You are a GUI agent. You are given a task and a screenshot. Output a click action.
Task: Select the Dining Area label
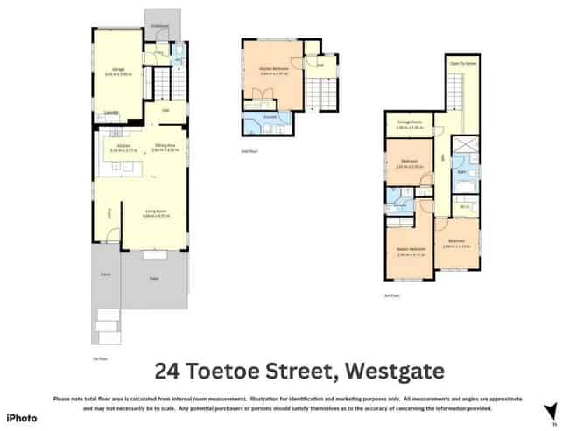coord(165,146)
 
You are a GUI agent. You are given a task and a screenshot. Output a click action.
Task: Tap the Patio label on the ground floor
coord(153,278)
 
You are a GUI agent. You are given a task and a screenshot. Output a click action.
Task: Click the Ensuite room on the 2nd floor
coord(271,116)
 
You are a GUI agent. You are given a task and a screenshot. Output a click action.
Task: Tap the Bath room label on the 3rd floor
coord(461,173)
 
